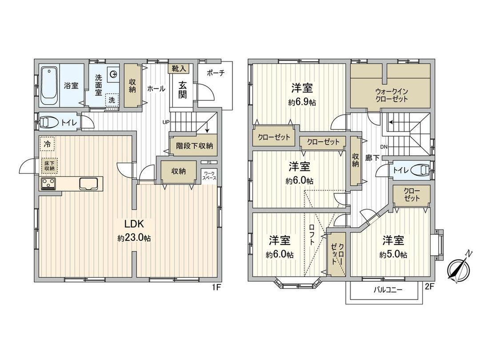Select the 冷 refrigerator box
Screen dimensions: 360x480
point(48,144)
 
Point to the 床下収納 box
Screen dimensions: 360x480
point(49,166)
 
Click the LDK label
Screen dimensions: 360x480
point(133,224)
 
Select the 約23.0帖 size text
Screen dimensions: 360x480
point(134,239)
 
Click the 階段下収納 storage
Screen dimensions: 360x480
point(194,145)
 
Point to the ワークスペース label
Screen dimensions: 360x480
point(209,175)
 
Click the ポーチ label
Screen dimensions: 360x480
point(216,73)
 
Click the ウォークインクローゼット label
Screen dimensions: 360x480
point(391,95)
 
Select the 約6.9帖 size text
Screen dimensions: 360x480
point(302,102)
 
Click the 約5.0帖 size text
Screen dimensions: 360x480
point(393,255)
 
